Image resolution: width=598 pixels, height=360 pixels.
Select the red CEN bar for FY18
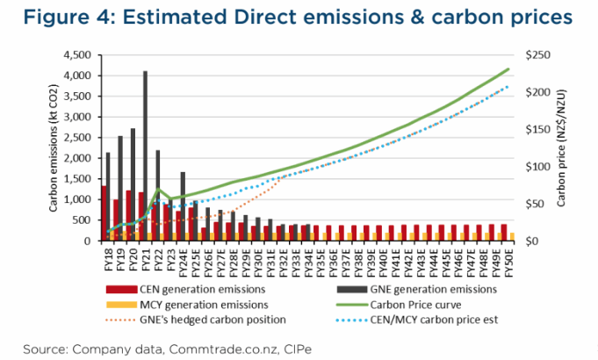point(104,213)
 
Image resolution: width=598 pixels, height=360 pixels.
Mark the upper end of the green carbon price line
point(509,68)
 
